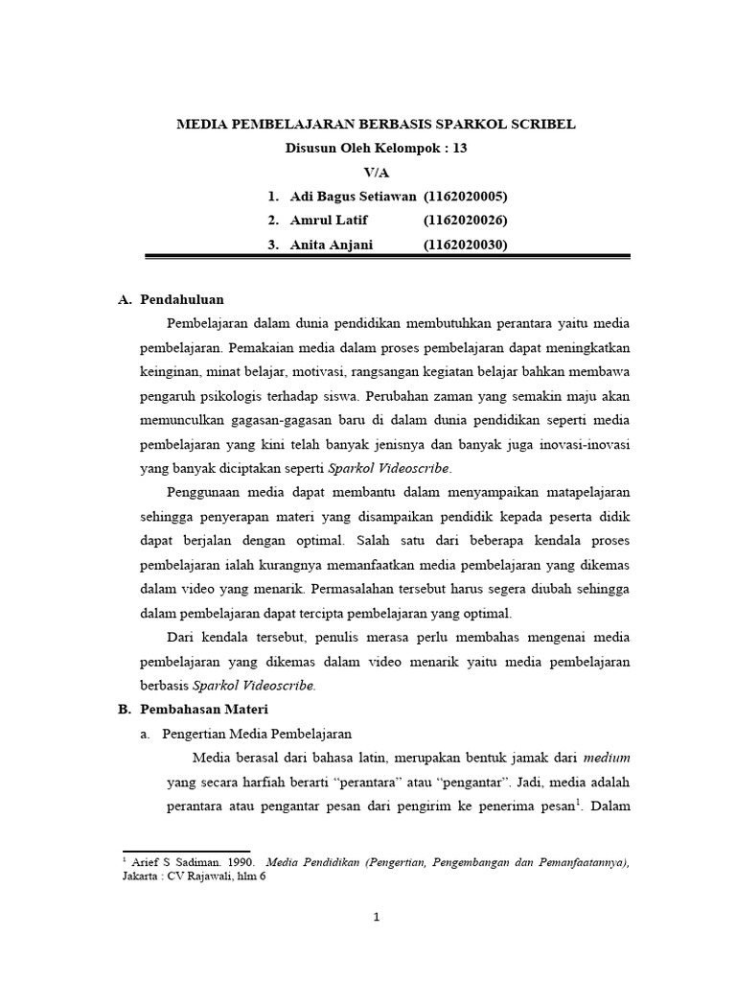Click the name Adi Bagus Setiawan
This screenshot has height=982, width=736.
(x=353, y=196)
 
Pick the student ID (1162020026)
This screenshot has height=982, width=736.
(x=465, y=220)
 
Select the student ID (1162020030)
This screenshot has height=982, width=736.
(x=465, y=244)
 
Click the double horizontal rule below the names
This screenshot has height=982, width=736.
(x=387, y=257)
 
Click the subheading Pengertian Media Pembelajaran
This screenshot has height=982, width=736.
(x=257, y=734)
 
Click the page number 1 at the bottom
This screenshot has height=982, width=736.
(x=377, y=917)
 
